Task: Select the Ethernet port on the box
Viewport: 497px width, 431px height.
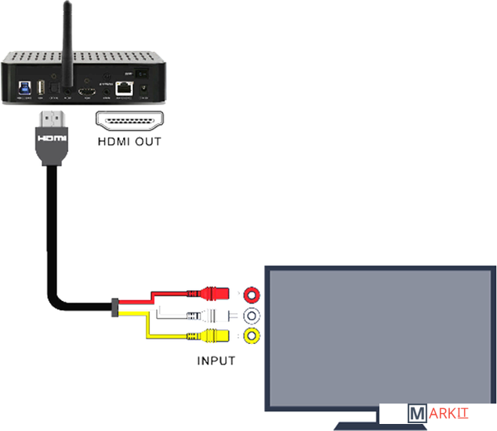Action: coord(124,90)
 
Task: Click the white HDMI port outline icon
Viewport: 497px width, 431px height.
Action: coord(129,121)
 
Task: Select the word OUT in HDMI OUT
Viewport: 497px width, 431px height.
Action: coord(147,143)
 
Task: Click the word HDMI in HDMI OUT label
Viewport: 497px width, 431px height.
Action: coord(112,143)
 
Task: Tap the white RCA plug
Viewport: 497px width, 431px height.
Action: coord(219,317)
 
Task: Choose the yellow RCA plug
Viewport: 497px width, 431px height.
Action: coord(219,337)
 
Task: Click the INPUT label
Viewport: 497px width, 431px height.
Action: coord(216,361)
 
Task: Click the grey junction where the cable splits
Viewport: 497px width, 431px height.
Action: coord(116,307)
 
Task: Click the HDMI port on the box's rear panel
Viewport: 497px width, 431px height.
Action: coord(88,92)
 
